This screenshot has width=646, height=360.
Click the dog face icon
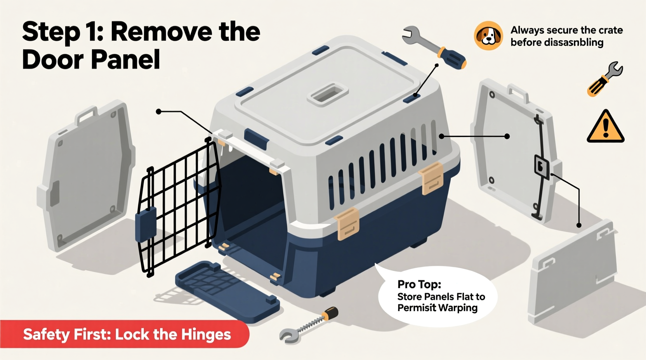tap(488, 36)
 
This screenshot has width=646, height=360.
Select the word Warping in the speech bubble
tap(458, 308)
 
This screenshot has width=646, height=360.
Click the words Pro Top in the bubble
tap(419, 284)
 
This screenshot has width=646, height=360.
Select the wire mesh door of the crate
tap(179, 206)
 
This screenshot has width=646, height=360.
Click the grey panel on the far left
tap(87, 177)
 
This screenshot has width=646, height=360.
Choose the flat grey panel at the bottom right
tap(573, 272)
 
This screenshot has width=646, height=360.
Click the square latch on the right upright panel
tap(541, 167)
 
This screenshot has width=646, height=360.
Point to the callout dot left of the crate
tap(158, 112)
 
